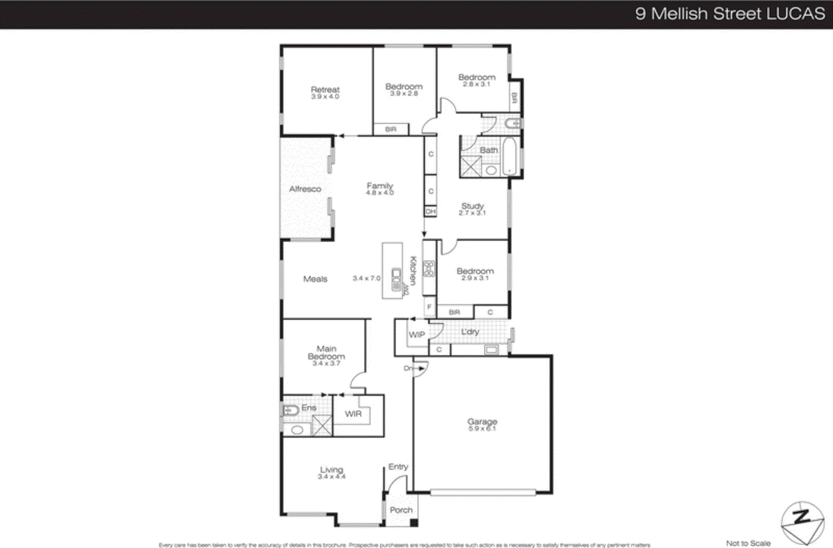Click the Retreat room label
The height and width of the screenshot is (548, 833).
(x=325, y=92)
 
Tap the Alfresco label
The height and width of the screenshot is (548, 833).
(x=305, y=189)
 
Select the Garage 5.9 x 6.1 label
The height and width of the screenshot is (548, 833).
(x=482, y=425)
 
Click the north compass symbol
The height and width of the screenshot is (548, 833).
(x=802, y=522)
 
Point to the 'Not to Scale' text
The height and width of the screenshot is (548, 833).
(x=748, y=543)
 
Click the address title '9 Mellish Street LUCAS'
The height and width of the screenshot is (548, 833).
(x=729, y=14)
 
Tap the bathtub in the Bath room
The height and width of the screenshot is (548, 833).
(x=509, y=156)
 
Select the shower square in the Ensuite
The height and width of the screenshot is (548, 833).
(x=322, y=425)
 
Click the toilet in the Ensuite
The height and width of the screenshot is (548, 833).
(x=289, y=410)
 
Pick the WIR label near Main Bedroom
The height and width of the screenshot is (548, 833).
(x=353, y=414)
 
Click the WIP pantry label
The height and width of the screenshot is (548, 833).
(x=416, y=334)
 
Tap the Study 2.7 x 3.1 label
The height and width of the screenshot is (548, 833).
(x=472, y=209)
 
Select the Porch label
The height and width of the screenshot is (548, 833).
(x=401, y=510)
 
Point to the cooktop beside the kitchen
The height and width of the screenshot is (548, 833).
(x=429, y=269)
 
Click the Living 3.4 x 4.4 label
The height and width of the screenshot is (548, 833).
(x=332, y=472)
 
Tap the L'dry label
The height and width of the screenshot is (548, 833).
(x=470, y=332)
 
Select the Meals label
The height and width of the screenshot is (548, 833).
(x=315, y=279)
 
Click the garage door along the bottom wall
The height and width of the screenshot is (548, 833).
(x=483, y=491)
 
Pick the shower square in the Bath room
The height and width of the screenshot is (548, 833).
(x=471, y=166)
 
